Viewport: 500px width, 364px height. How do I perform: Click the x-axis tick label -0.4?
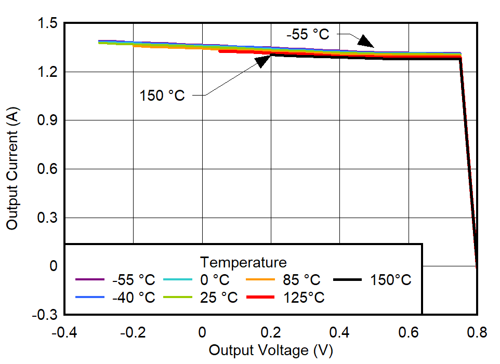coord(64,332)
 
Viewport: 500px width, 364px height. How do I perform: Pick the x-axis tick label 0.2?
coord(271,332)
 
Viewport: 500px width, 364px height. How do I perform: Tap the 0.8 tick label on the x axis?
coord(477,332)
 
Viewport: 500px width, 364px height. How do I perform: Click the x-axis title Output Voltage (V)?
coord(270,351)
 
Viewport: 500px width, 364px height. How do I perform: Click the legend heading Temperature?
coord(243,261)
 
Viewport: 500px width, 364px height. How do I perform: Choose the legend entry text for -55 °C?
coord(134,280)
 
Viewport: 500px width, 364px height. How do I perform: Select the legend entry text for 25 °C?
coord(218,298)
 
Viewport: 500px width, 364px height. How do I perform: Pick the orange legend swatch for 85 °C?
coord(260,280)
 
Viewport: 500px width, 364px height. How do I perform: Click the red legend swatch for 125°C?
coord(260,298)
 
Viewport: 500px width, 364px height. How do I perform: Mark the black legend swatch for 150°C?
coord(347,280)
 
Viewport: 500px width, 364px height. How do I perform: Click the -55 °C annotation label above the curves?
coord(308,35)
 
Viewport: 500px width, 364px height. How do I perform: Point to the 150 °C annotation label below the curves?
coord(162,96)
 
